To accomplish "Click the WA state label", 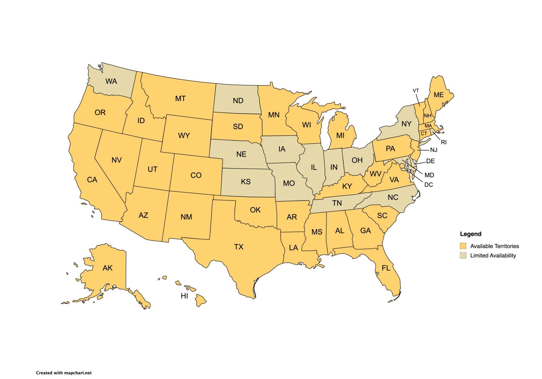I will coord(111,81).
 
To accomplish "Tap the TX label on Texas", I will coord(239,247).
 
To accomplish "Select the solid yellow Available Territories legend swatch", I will coord(463,246).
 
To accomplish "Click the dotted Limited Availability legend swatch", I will coord(463,255).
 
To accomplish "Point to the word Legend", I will coord(471,234).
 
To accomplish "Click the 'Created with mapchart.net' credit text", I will coord(64,373).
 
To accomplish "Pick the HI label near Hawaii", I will coord(184,296).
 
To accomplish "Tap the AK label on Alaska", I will coord(108,268).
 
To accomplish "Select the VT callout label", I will coord(416,91).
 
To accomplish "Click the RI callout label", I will coord(444,142).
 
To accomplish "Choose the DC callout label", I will coord(429,185).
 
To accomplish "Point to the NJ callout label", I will coord(434,150).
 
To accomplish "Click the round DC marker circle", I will coord(402,166).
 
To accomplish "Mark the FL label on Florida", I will coord(386,268).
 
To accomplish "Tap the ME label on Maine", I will coord(438,95).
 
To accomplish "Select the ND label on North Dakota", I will coord(238,101).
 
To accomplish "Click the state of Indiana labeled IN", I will coord(334,167).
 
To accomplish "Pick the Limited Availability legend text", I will coord(493,255).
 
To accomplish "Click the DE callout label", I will coord(430,161).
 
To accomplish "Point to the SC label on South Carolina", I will coord(382,216).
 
